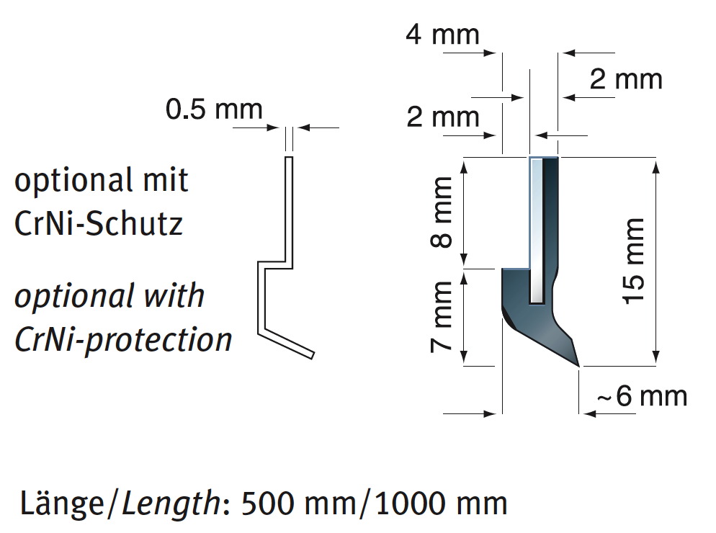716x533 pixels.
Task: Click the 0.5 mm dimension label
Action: tap(214, 109)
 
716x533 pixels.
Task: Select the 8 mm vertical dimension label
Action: tap(442, 212)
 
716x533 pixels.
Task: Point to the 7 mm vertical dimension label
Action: tap(442, 316)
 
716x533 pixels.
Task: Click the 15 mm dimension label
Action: tap(633, 260)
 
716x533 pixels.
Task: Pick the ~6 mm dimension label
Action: tap(642, 396)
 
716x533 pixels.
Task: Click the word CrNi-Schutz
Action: tap(99, 224)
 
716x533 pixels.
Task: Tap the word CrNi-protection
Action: tap(123, 339)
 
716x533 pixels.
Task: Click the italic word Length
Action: tap(171, 502)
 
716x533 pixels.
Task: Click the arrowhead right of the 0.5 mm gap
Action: tap(303, 128)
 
